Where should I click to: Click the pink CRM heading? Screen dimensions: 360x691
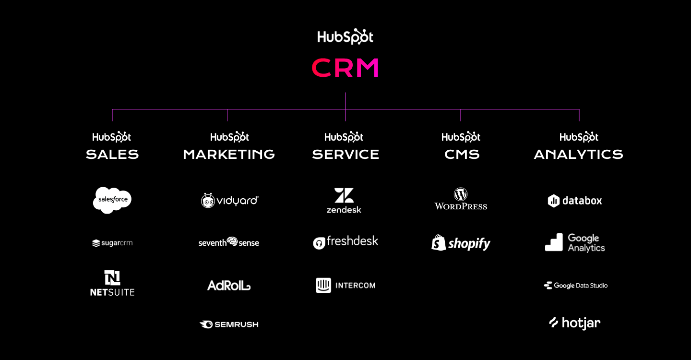[345, 68]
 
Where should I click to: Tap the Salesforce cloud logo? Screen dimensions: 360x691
[112, 200]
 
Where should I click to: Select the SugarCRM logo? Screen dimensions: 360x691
[112, 243]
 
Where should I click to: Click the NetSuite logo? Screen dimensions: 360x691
[112, 283]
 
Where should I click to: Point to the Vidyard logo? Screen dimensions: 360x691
[229, 200]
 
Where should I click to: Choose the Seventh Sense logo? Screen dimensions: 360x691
[229, 242]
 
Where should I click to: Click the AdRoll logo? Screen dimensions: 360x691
[229, 286]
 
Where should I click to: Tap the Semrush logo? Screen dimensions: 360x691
[229, 324]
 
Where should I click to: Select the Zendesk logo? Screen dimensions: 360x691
[344, 201]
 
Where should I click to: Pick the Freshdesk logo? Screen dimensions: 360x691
[345, 242]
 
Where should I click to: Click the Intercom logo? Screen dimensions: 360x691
[345, 286]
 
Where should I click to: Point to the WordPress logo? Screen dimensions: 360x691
[461, 199]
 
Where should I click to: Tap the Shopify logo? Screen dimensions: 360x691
[461, 243]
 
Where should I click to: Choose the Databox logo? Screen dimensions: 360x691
[575, 201]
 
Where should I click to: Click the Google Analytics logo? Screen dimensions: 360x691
[575, 243]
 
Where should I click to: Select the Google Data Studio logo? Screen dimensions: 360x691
[576, 286]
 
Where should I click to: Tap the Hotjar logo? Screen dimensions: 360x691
[575, 323]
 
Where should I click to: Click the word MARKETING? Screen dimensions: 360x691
[229, 155]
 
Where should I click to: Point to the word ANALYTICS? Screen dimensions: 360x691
[579, 155]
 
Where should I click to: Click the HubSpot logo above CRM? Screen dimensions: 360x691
[345, 37]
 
